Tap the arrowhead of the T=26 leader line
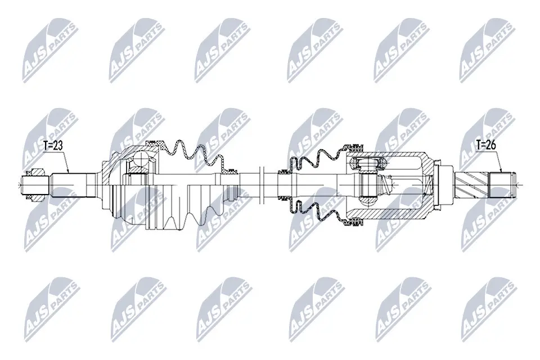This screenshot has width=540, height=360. tap(501, 173)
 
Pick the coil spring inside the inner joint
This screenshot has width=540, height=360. tap(389, 183)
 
